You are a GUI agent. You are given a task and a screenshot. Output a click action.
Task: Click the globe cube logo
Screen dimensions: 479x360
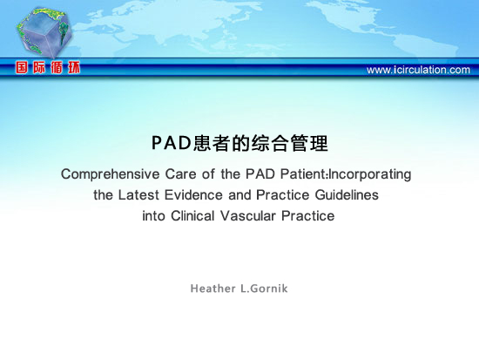44,33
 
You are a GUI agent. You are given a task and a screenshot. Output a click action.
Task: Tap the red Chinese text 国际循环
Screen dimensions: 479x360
48,67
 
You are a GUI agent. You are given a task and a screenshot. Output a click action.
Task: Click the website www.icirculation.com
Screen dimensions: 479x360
418,70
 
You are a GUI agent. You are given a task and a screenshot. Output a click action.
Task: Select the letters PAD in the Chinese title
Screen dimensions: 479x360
172,143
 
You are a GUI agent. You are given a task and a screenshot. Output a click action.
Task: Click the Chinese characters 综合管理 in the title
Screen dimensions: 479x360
290,143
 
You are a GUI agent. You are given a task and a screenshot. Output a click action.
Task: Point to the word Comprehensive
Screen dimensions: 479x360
111,174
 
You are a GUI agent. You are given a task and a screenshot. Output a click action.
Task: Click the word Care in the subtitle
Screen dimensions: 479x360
180,174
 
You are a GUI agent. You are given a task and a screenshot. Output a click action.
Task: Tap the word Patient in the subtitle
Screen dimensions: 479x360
304,173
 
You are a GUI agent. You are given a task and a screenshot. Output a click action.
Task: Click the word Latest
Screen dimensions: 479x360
138,195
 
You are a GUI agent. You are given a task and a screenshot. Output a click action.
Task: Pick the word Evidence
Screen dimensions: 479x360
193,195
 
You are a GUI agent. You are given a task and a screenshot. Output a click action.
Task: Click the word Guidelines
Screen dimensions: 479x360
347,195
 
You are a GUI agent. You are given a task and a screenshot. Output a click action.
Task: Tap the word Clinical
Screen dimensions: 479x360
192,216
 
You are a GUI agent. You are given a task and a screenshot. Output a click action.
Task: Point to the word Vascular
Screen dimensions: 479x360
247,216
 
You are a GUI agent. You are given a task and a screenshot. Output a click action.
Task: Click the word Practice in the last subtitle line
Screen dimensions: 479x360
308,216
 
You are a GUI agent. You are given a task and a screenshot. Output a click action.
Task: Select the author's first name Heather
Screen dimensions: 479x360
213,289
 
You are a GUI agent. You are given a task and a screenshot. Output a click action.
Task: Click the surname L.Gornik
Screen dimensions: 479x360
264,289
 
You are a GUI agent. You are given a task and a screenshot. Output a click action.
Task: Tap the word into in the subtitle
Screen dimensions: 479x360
153,216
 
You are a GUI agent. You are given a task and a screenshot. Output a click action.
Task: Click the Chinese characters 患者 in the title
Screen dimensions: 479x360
213,143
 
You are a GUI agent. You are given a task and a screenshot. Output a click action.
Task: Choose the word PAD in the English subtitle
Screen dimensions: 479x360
260,174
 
